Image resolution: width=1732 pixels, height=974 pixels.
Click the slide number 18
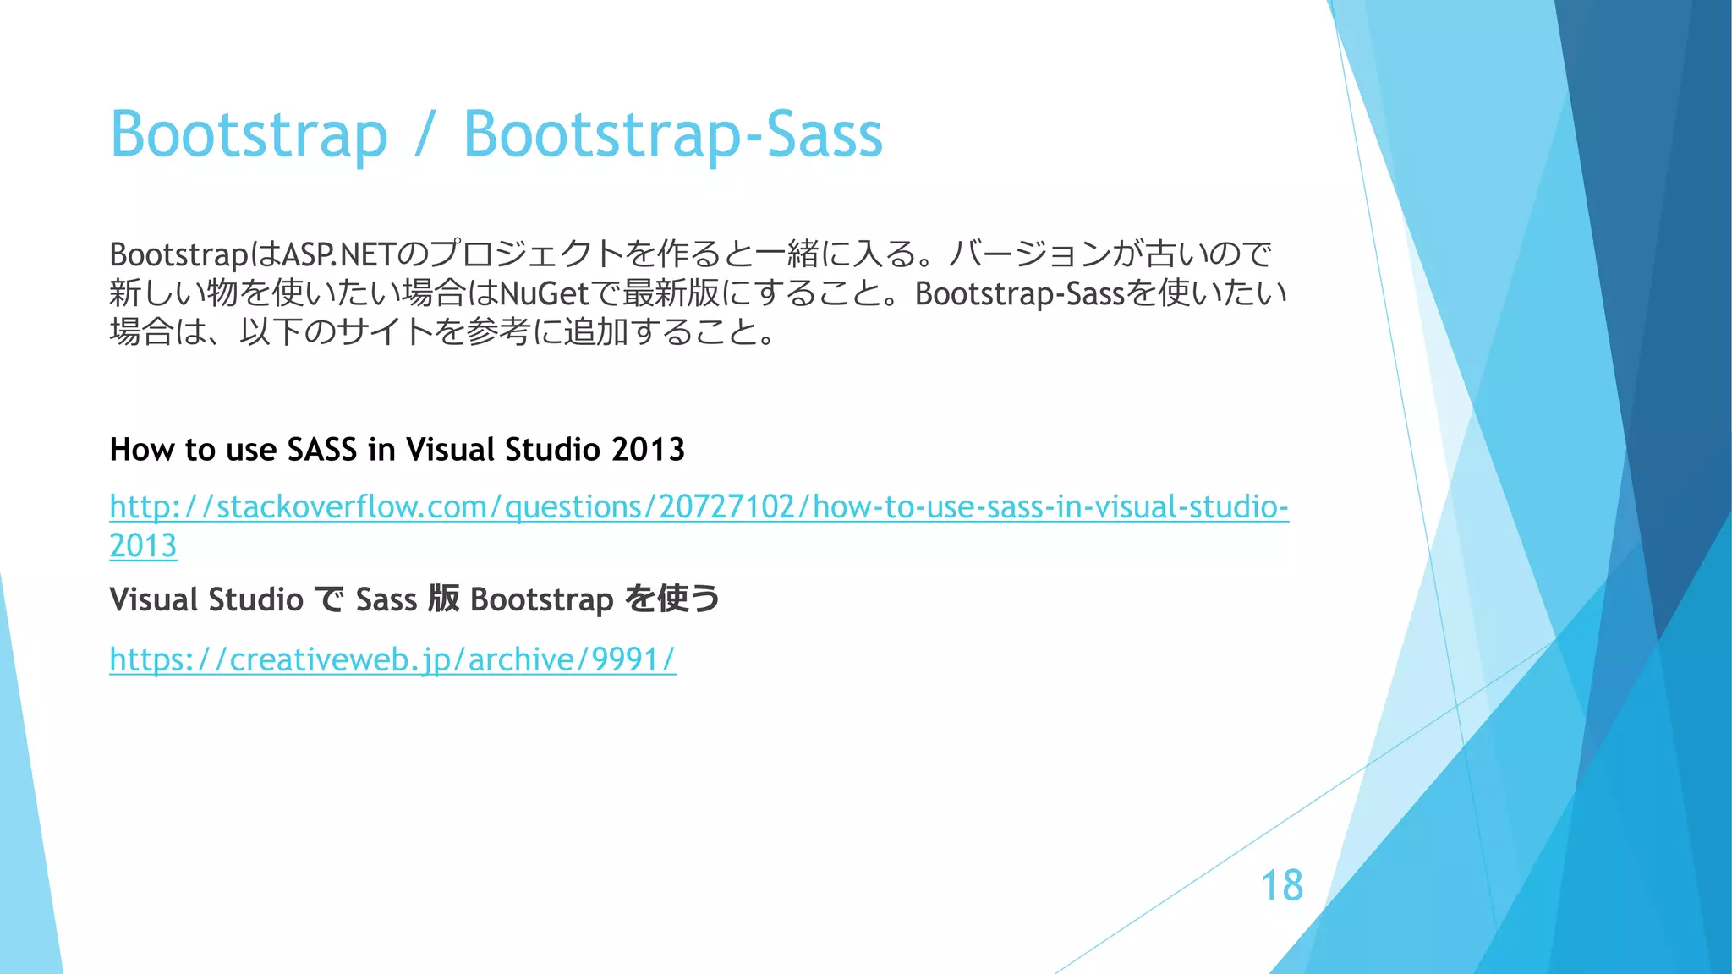[x=1281, y=885]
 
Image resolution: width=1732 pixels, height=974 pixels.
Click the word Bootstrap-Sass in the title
[x=672, y=134]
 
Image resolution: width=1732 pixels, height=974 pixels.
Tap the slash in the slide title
[x=425, y=134]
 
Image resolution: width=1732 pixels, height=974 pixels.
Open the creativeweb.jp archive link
[x=392, y=659]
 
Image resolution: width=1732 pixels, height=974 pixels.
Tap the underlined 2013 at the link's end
[x=143, y=545]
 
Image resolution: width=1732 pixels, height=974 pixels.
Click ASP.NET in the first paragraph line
[x=338, y=254]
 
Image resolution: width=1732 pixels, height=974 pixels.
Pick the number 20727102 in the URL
[x=726, y=506]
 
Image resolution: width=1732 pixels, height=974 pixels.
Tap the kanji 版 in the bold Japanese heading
[x=444, y=599]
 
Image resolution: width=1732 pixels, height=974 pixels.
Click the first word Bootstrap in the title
[x=249, y=134]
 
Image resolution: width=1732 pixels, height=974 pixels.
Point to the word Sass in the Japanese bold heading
[x=386, y=599]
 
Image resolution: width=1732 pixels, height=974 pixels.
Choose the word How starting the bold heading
[x=142, y=449]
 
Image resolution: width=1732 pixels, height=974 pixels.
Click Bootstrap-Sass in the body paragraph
[x=1020, y=293]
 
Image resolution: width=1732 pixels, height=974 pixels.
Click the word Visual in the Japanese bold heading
[x=154, y=599]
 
